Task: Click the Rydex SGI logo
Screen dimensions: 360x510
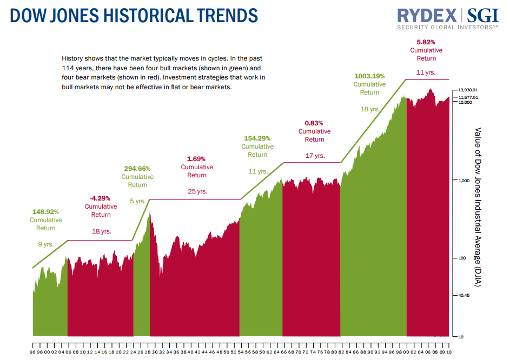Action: click(x=447, y=17)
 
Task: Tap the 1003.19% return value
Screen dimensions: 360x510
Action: click(x=369, y=76)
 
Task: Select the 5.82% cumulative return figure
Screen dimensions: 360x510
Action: click(x=426, y=42)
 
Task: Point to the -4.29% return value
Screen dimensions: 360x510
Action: click(x=101, y=198)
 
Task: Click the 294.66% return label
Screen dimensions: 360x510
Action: click(x=137, y=168)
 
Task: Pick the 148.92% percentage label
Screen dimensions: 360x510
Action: click(x=45, y=212)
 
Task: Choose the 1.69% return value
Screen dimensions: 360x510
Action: click(x=197, y=158)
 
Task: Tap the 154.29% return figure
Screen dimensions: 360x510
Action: click(x=257, y=138)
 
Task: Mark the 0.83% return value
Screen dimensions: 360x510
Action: click(x=314, y=123)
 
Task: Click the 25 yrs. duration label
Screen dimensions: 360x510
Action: click(x=197, y=191)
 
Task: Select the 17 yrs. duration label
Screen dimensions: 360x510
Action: click(x=315, y=156)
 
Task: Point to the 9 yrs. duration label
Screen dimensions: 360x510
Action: click(x=46, y=244)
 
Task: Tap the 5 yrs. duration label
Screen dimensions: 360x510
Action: click(x=138, y=201)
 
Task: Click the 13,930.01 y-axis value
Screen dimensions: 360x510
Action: click(x=468, y=90)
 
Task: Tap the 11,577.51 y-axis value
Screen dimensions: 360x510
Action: click(x=468, y=97)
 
